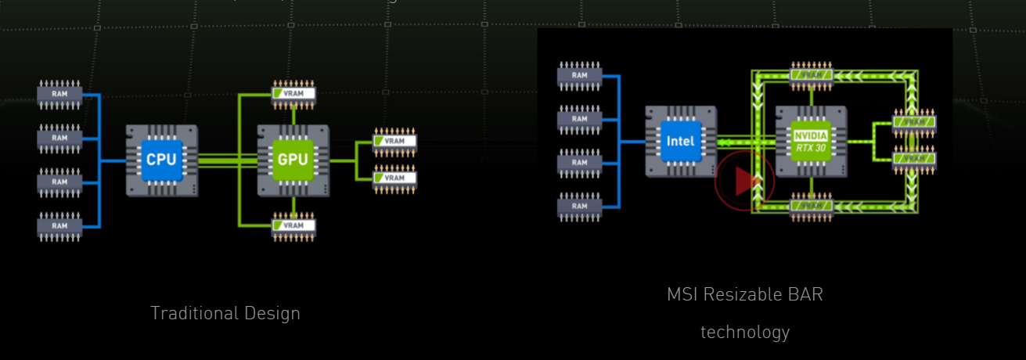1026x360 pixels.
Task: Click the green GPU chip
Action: pos(293,160)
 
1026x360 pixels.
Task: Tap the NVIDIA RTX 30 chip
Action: pos(811,142)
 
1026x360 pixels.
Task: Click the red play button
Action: pos(744,181)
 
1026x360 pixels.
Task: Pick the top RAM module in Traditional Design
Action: pos(59,94)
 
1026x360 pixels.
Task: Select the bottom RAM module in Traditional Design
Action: pos(59,225)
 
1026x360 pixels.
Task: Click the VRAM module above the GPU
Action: pos(293,93)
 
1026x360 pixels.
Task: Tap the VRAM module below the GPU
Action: pos(293,225)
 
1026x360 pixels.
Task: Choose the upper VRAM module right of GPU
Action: pos(394,142)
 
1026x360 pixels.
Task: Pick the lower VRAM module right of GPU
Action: pos(394,178)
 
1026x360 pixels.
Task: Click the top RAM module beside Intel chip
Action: pos(579,75)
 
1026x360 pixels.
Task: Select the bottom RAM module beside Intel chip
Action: pos(579,207)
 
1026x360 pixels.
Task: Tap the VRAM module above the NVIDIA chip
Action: pos(812,75)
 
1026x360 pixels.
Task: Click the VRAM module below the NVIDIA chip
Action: pos(812,206)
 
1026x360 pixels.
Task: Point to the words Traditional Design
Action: pos(225,313)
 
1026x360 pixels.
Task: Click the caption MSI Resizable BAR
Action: pos(745,294)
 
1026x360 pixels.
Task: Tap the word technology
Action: pos(745,332)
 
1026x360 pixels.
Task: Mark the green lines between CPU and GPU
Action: pos(228,160)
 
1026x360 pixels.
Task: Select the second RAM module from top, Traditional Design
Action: pos(59,138)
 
